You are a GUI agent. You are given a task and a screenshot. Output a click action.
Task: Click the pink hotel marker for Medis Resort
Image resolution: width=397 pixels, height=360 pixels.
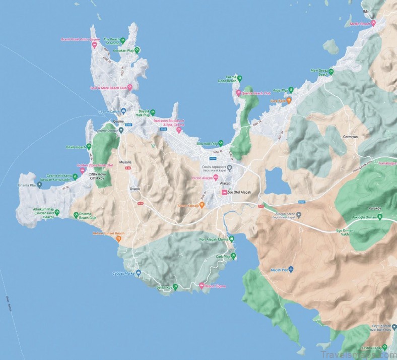[373, 23]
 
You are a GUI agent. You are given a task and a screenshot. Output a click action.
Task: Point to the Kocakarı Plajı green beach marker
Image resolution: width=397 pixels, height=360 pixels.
[137, 50]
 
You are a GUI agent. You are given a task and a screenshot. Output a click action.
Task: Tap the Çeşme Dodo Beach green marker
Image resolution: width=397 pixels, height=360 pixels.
[239, 78]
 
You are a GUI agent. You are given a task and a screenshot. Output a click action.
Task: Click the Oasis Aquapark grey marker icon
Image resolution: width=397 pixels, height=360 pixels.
[229, 168]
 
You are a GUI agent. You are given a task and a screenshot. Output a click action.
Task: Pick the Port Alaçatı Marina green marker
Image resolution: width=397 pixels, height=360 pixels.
[231, 239]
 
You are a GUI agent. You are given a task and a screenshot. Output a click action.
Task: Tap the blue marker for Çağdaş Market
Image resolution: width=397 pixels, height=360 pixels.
[139, 273]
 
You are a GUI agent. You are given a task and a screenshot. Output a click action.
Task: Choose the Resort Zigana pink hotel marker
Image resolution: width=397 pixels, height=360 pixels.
[202, 286]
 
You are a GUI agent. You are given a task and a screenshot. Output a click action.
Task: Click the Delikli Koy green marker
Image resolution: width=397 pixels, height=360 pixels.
[175, 287]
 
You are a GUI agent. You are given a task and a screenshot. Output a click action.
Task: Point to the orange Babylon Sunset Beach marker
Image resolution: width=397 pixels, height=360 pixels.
[119, 238]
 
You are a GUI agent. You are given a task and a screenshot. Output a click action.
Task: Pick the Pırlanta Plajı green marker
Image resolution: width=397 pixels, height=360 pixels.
[39, 185]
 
